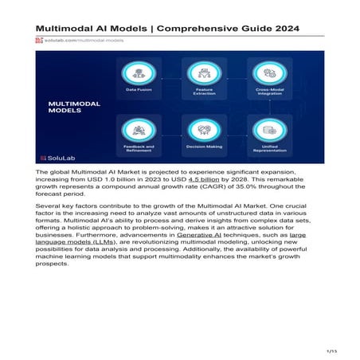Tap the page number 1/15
[332, 350]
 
